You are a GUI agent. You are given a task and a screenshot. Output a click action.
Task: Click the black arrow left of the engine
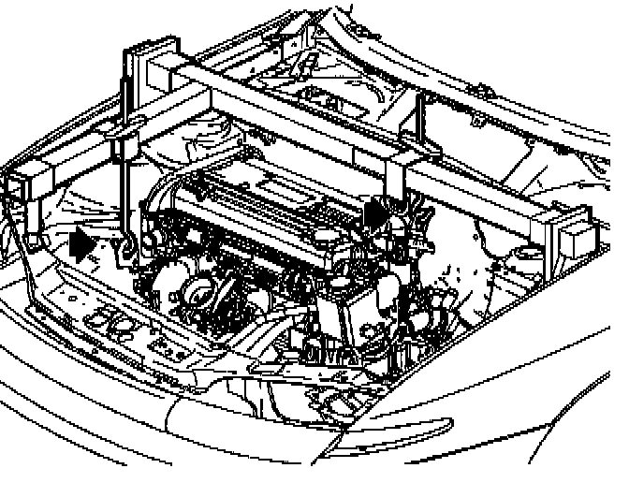pyautogui.click(x=83, y=244)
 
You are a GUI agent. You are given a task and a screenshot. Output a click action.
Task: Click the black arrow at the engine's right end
pyautogui.click(x=375, y=213)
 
